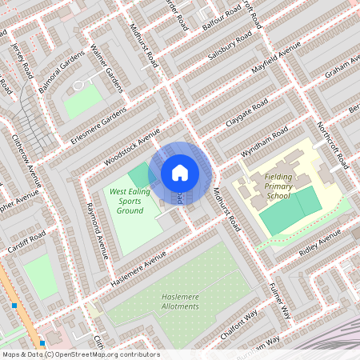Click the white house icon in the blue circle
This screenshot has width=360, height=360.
[x=180, y=172]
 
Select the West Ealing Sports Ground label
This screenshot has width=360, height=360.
[x=127, y=201]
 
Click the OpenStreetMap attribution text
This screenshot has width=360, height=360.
[x=80, y=354]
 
